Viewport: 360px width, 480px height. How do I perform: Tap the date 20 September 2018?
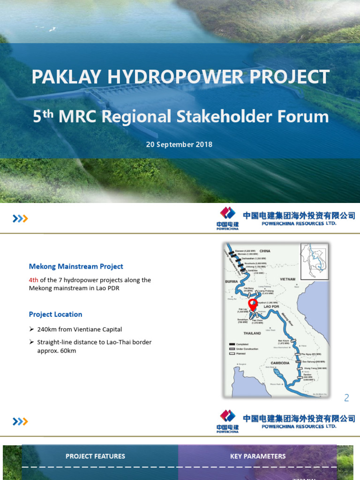click(179, 144)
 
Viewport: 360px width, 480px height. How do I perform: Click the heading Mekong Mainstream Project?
click(76, 266)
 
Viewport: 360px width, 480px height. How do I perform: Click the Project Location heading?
click(55, 314)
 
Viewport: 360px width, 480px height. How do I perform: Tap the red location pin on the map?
click(253, 304)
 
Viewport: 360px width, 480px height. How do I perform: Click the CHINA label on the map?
click(265, 251)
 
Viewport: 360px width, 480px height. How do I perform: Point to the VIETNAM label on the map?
click(288, 278)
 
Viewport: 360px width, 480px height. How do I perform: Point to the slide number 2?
click(346, 398)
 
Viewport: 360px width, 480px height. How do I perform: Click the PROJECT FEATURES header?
click(95, 456)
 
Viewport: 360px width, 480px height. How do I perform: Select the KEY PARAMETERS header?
click(257, 456)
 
